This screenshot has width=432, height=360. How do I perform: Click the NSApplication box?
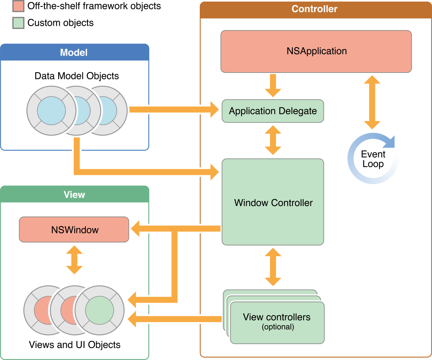tap(316, 51)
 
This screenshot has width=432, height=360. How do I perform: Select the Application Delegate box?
tap(273, 111)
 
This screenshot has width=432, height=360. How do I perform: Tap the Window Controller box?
tap(273, 202)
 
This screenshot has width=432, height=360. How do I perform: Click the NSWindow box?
tap(74, 230)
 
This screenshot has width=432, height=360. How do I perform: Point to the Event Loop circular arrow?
tap(373, 159)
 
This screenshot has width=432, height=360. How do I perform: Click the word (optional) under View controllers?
tap(278, 327)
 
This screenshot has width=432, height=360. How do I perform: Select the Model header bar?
tap(74, 53)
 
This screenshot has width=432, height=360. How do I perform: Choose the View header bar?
tap(74, 194)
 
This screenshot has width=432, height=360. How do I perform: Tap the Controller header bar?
tap(314, 9)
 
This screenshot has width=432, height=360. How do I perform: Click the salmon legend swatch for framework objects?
tap(18, 6)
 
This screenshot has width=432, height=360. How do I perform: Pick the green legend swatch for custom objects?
tap(18, 23)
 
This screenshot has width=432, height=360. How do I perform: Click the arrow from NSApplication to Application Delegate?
tap(273, 85)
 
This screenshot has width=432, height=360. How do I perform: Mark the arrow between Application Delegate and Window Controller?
tap(273, 140)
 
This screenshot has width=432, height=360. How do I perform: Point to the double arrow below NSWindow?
tap(74, 260)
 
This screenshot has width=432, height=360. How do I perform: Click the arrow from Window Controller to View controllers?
tap(273, 267)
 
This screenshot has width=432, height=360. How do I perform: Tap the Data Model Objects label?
tap(77, 76)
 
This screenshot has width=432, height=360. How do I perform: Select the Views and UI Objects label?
tap(75, 345)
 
